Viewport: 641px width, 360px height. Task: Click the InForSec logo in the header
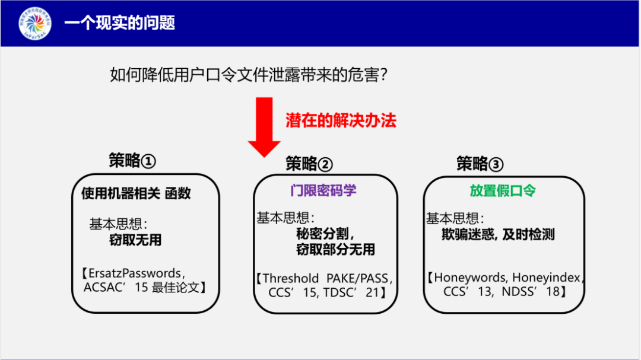[34, 24]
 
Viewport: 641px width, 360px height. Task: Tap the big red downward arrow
[264, 127]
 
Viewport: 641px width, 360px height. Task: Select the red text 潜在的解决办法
[341, 120]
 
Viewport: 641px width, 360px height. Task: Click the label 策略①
[132, 161]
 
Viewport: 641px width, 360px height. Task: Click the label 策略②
[309, 164]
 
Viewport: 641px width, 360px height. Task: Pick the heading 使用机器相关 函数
[136, 193]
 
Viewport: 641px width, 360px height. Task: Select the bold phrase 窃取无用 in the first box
[135, 240]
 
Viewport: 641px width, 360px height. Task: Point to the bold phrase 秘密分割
[325, 234]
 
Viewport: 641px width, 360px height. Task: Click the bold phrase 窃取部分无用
[335, 250]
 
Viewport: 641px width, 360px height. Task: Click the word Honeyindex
[548, 278]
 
